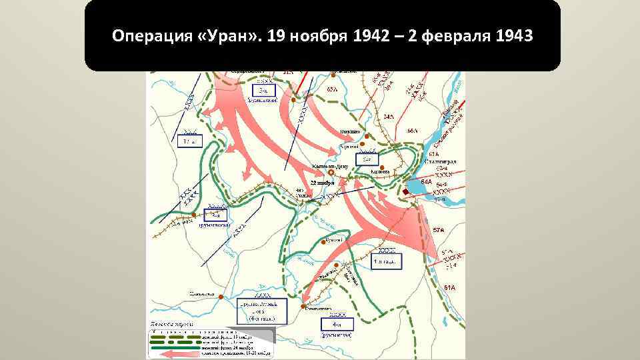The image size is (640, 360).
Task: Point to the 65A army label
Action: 331,87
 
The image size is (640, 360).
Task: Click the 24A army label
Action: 388,117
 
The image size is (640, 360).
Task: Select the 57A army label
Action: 439,230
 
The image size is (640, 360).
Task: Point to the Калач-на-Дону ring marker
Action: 331,172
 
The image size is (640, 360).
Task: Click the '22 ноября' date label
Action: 321,183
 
